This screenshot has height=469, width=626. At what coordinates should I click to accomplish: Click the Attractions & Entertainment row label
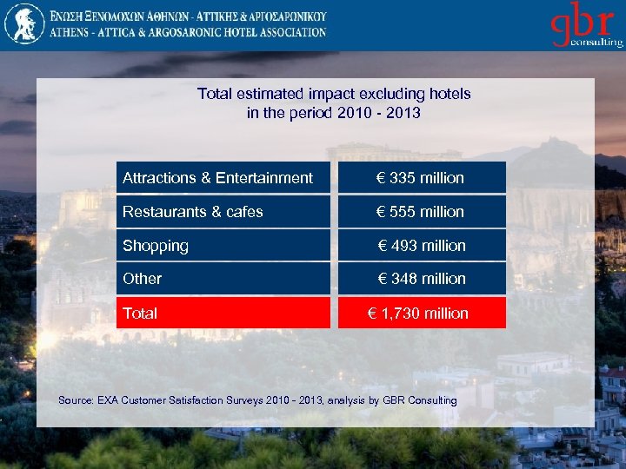(217, 178)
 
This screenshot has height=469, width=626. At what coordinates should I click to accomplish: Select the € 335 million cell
(421, 178)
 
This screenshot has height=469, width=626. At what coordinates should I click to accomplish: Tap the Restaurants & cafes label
(192, 212)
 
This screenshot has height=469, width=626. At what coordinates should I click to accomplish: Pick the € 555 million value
(421, 212)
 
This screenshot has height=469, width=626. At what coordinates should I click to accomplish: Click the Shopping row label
(156, 246)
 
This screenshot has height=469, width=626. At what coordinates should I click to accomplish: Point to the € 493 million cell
(421, 246)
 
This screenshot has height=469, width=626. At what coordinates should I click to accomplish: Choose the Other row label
(143, 279)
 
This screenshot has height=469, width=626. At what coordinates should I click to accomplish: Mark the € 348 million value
(421, 279)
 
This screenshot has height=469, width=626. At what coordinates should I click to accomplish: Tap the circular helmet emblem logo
(23, 23)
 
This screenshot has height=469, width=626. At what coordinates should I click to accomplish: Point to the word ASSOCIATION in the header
(288, 32)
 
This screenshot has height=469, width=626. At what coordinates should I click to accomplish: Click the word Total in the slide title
(215, 94)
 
